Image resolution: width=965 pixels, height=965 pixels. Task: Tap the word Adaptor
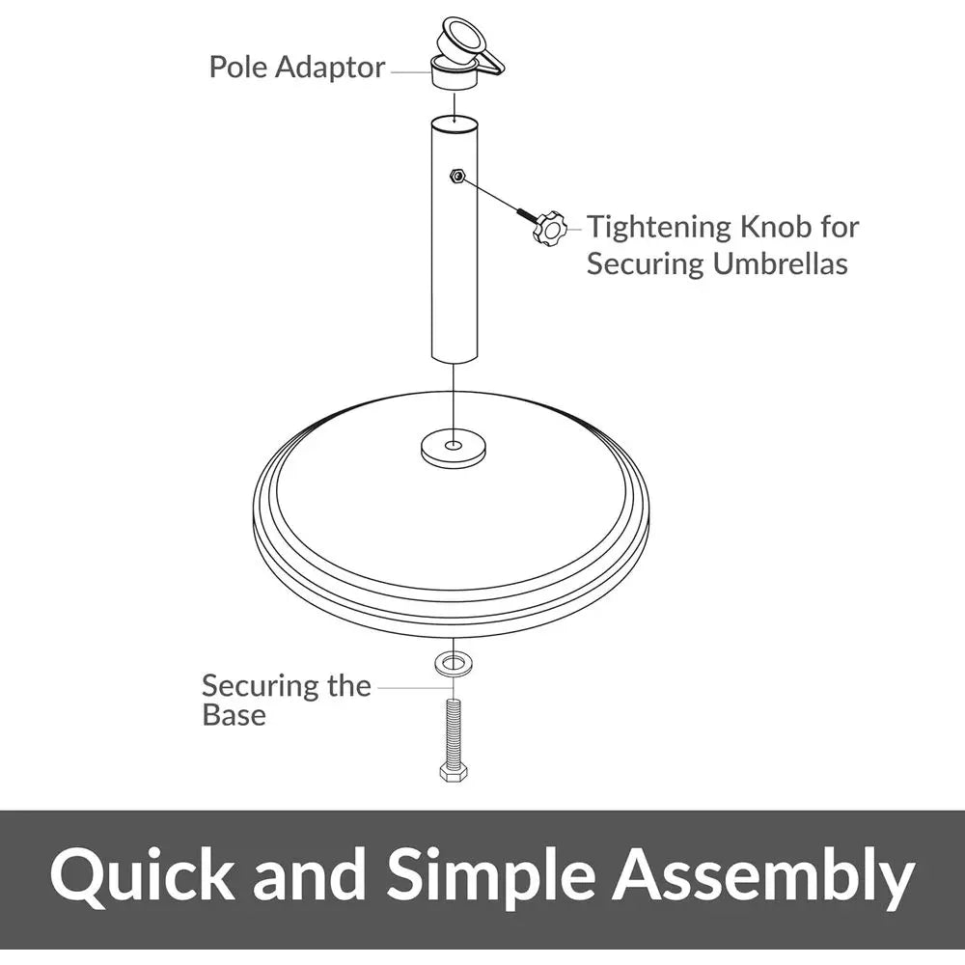pyautogui.click(x=329, y=69)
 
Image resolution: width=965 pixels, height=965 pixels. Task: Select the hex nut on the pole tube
pyautogui.click(x=456, y=176)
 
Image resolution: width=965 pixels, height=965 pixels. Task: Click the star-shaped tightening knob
pyautogui.click(x=550, y=229)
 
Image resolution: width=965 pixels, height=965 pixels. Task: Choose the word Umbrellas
pyautogui.click(x=781, y=264)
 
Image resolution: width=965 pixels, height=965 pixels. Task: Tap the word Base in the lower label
pyautogui.click(x=234, y=715)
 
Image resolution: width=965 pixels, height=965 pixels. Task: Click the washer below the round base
pyautogui.click(x=454, y=664)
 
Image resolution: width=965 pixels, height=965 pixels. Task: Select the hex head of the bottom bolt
pyautogui.click(x=454, y=773)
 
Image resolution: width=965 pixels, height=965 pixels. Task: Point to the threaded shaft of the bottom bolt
pyautogui.click(x=454, y=731)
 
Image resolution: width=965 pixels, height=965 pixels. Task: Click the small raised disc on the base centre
pyautogui.click(x=454, y=447)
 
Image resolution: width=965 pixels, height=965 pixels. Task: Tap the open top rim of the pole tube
pyautogui.click(x=454, y=122)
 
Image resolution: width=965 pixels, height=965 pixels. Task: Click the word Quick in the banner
pyautogui.click(x=142, y=875)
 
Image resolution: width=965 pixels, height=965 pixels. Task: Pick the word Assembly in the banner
pyautogui.click(x=763, y=877)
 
